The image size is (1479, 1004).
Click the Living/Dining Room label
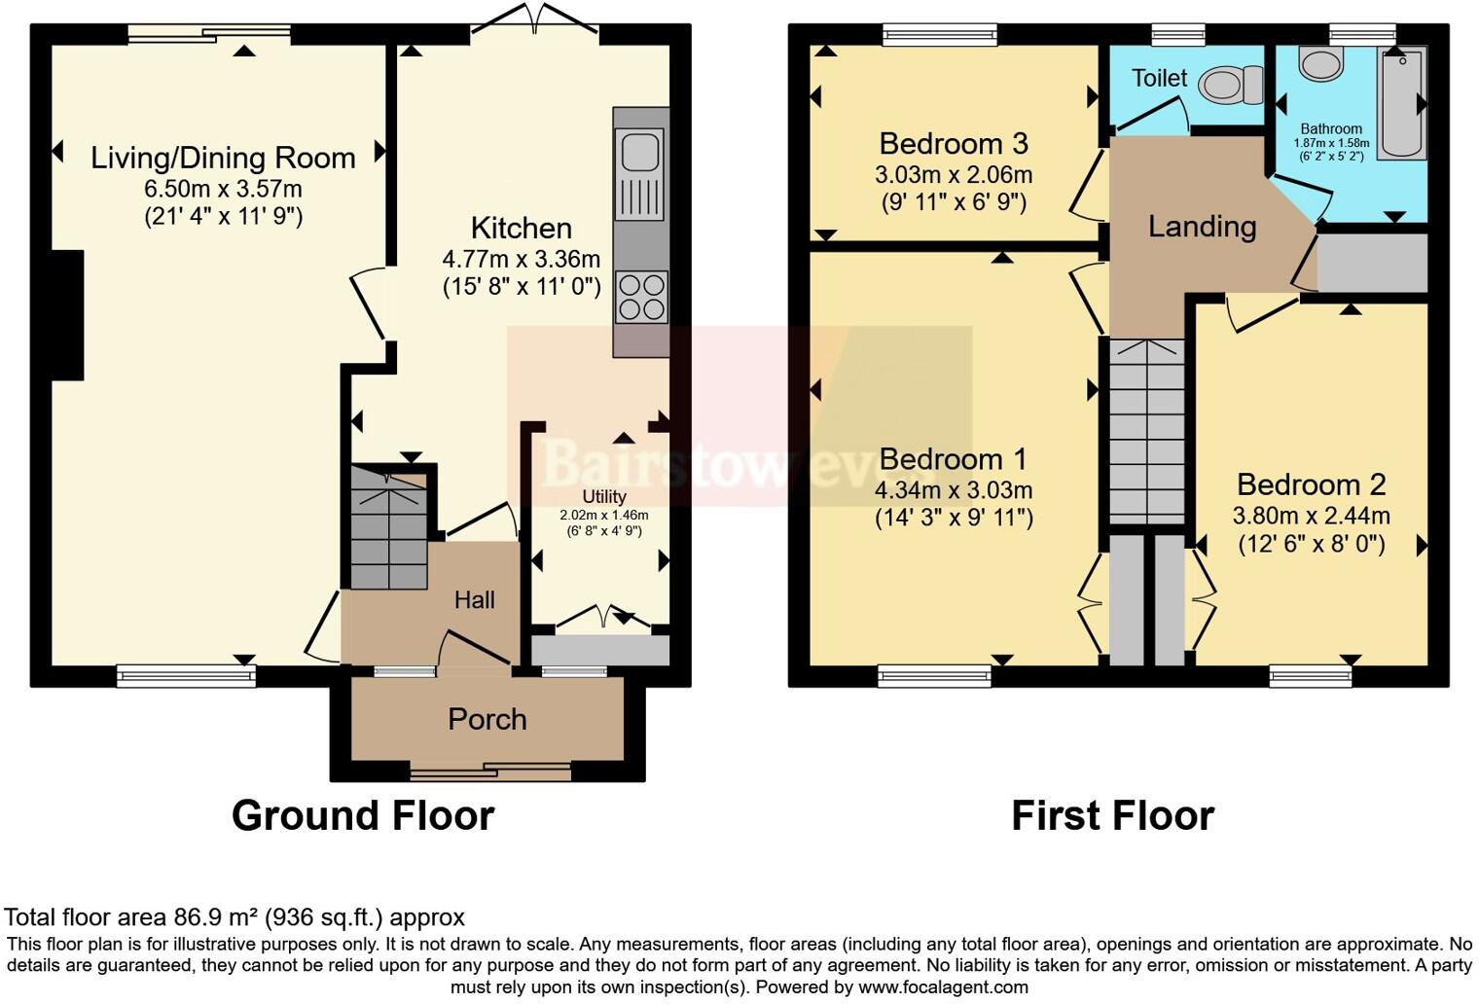coord(223,158)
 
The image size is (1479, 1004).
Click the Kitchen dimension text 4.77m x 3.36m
coord(521,260)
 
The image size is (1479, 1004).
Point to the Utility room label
coord(603,496)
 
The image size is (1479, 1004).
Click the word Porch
coord(487,719)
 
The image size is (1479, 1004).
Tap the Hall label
coord(474,600)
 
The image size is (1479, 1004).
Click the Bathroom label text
coord(1331,128)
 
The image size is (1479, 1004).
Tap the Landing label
coord(1202,227)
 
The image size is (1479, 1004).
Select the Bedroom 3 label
coord(953,144)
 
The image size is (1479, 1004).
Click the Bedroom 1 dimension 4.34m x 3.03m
coord(953,490)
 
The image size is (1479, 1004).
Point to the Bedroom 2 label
coord(1311,484)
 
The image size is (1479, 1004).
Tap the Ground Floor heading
coord(363,815)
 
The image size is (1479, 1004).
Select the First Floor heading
coord(1112,815)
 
